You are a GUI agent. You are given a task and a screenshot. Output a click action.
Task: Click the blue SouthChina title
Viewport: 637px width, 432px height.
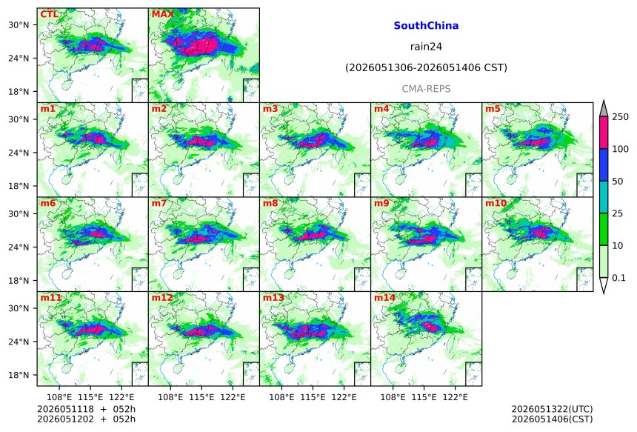click(x=426, y=26)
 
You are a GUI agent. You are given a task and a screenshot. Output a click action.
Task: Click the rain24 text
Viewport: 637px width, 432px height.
click(x=426, y=47)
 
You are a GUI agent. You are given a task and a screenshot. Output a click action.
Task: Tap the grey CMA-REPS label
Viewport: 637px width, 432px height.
click(x=426, y=89)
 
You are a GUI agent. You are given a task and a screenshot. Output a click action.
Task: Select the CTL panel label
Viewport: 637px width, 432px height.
click(x=49, y=14)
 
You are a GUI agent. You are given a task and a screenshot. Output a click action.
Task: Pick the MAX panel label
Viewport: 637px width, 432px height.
click(x=162, y=14)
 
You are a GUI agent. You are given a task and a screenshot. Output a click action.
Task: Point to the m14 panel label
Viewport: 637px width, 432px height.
click(x=384, y=298)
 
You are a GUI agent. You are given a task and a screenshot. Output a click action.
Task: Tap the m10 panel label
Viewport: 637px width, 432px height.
click(x=496, y=203)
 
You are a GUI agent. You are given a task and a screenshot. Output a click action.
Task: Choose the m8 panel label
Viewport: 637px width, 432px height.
click(x=270, y=203)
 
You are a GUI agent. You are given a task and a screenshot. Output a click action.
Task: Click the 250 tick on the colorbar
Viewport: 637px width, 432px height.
click(x=621, y=117)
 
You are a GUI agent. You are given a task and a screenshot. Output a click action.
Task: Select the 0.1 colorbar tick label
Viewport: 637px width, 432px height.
click(x=618, y=278)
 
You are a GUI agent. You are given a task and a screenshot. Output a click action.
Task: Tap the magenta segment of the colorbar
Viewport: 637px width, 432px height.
click(x=604, y=133)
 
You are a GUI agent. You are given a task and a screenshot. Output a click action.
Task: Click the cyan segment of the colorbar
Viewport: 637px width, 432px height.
click(x=604, y=197)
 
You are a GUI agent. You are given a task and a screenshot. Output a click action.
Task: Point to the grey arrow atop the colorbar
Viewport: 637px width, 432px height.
click(x=604, y=109)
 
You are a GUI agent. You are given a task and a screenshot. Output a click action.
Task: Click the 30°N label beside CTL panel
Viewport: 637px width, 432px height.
click(x=19, y=25)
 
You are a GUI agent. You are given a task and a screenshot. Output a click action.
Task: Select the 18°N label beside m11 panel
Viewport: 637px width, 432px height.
click(x=19, y=375)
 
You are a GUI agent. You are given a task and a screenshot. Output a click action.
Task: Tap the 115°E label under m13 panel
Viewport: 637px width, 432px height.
click(x=313, y=397)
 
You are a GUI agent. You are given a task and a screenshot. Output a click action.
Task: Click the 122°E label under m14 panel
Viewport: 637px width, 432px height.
click(x=455, y=397)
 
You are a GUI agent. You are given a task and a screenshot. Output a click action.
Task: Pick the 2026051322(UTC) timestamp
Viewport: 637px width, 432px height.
click(x=552, y=409)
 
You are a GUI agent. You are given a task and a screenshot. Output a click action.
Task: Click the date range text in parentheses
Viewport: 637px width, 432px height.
click(x=426, y=68)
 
